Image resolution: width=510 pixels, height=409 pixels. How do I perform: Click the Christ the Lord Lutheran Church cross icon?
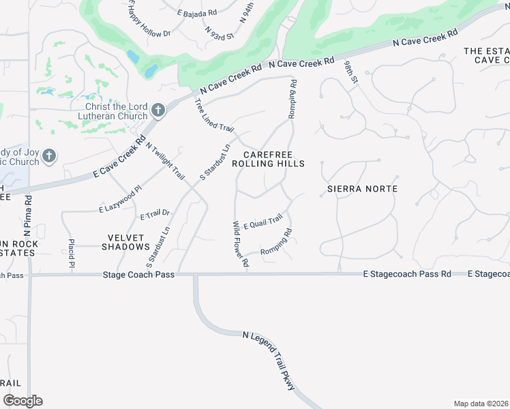pos(158,110)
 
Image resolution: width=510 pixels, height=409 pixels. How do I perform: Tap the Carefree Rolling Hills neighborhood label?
pos(268,159)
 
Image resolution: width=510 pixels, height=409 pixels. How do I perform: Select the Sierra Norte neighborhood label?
pos(362,188)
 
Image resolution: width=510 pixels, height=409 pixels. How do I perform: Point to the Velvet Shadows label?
pos(126,241)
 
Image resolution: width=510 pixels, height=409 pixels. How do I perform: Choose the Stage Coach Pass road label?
pos(139,275)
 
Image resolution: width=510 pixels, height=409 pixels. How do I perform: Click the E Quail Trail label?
pos(262,222)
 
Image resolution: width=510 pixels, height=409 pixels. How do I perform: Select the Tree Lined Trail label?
pos(214,115)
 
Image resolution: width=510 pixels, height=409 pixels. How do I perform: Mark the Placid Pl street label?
pos(71,253)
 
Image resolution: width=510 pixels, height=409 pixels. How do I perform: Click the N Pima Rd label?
pos(28,212)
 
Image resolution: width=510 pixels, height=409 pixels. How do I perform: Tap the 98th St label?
pos(350,71)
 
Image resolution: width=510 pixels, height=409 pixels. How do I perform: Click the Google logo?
pos(22,401)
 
